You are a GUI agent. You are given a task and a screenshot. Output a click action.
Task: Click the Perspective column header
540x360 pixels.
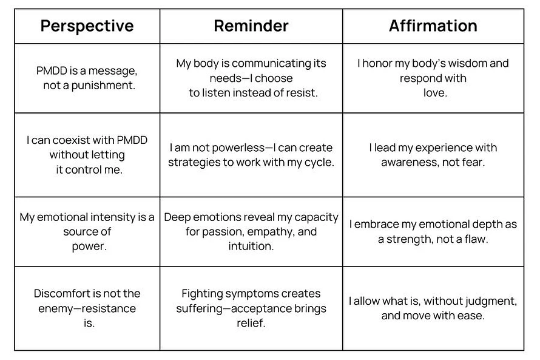click(x=87, y=26)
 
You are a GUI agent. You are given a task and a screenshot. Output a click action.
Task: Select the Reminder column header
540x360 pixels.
click(x=251, y=26)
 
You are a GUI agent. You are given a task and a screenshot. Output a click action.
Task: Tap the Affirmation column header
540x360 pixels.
click(x=433, y=26)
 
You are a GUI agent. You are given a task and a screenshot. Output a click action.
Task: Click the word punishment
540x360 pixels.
click(x=103, y=86)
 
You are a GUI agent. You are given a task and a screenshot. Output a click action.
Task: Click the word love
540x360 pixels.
click(x=435, y=93)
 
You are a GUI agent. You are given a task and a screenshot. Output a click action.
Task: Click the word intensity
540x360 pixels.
click(x=113, y=217)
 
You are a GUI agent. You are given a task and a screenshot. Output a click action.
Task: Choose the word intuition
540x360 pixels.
click(x=251, y=246)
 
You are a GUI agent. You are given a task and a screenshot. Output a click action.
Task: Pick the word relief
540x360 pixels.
click(x=251, y=323)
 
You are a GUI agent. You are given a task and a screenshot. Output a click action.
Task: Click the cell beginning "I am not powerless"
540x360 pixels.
click(x=251, y=155)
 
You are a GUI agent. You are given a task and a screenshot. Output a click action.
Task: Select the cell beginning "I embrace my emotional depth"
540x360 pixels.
click(x=433, y=232)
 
